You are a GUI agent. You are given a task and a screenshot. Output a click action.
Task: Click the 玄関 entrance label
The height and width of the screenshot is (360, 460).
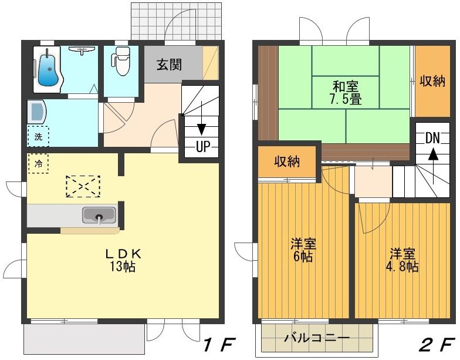(x=169, y=65)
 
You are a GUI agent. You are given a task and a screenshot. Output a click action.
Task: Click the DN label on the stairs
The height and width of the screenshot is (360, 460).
(x=432, y=138)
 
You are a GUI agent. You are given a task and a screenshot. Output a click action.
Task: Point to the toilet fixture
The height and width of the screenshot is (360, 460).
(x=121, y=63)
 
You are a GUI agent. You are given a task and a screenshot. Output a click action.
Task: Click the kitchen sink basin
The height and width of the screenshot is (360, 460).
(x=99, y=216)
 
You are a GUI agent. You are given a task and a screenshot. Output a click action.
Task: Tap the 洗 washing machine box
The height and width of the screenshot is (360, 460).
(x=38, y=137)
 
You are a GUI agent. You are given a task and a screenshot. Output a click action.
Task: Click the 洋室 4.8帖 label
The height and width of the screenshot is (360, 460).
(x=402, y=260)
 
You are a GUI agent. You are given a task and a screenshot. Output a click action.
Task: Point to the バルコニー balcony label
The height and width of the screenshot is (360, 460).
(x=317, y=338)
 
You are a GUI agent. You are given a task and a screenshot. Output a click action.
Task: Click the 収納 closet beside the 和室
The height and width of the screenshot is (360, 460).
(x=432, y=81)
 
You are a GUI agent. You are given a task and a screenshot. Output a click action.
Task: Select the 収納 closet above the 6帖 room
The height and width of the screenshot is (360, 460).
(x=287, y=161)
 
